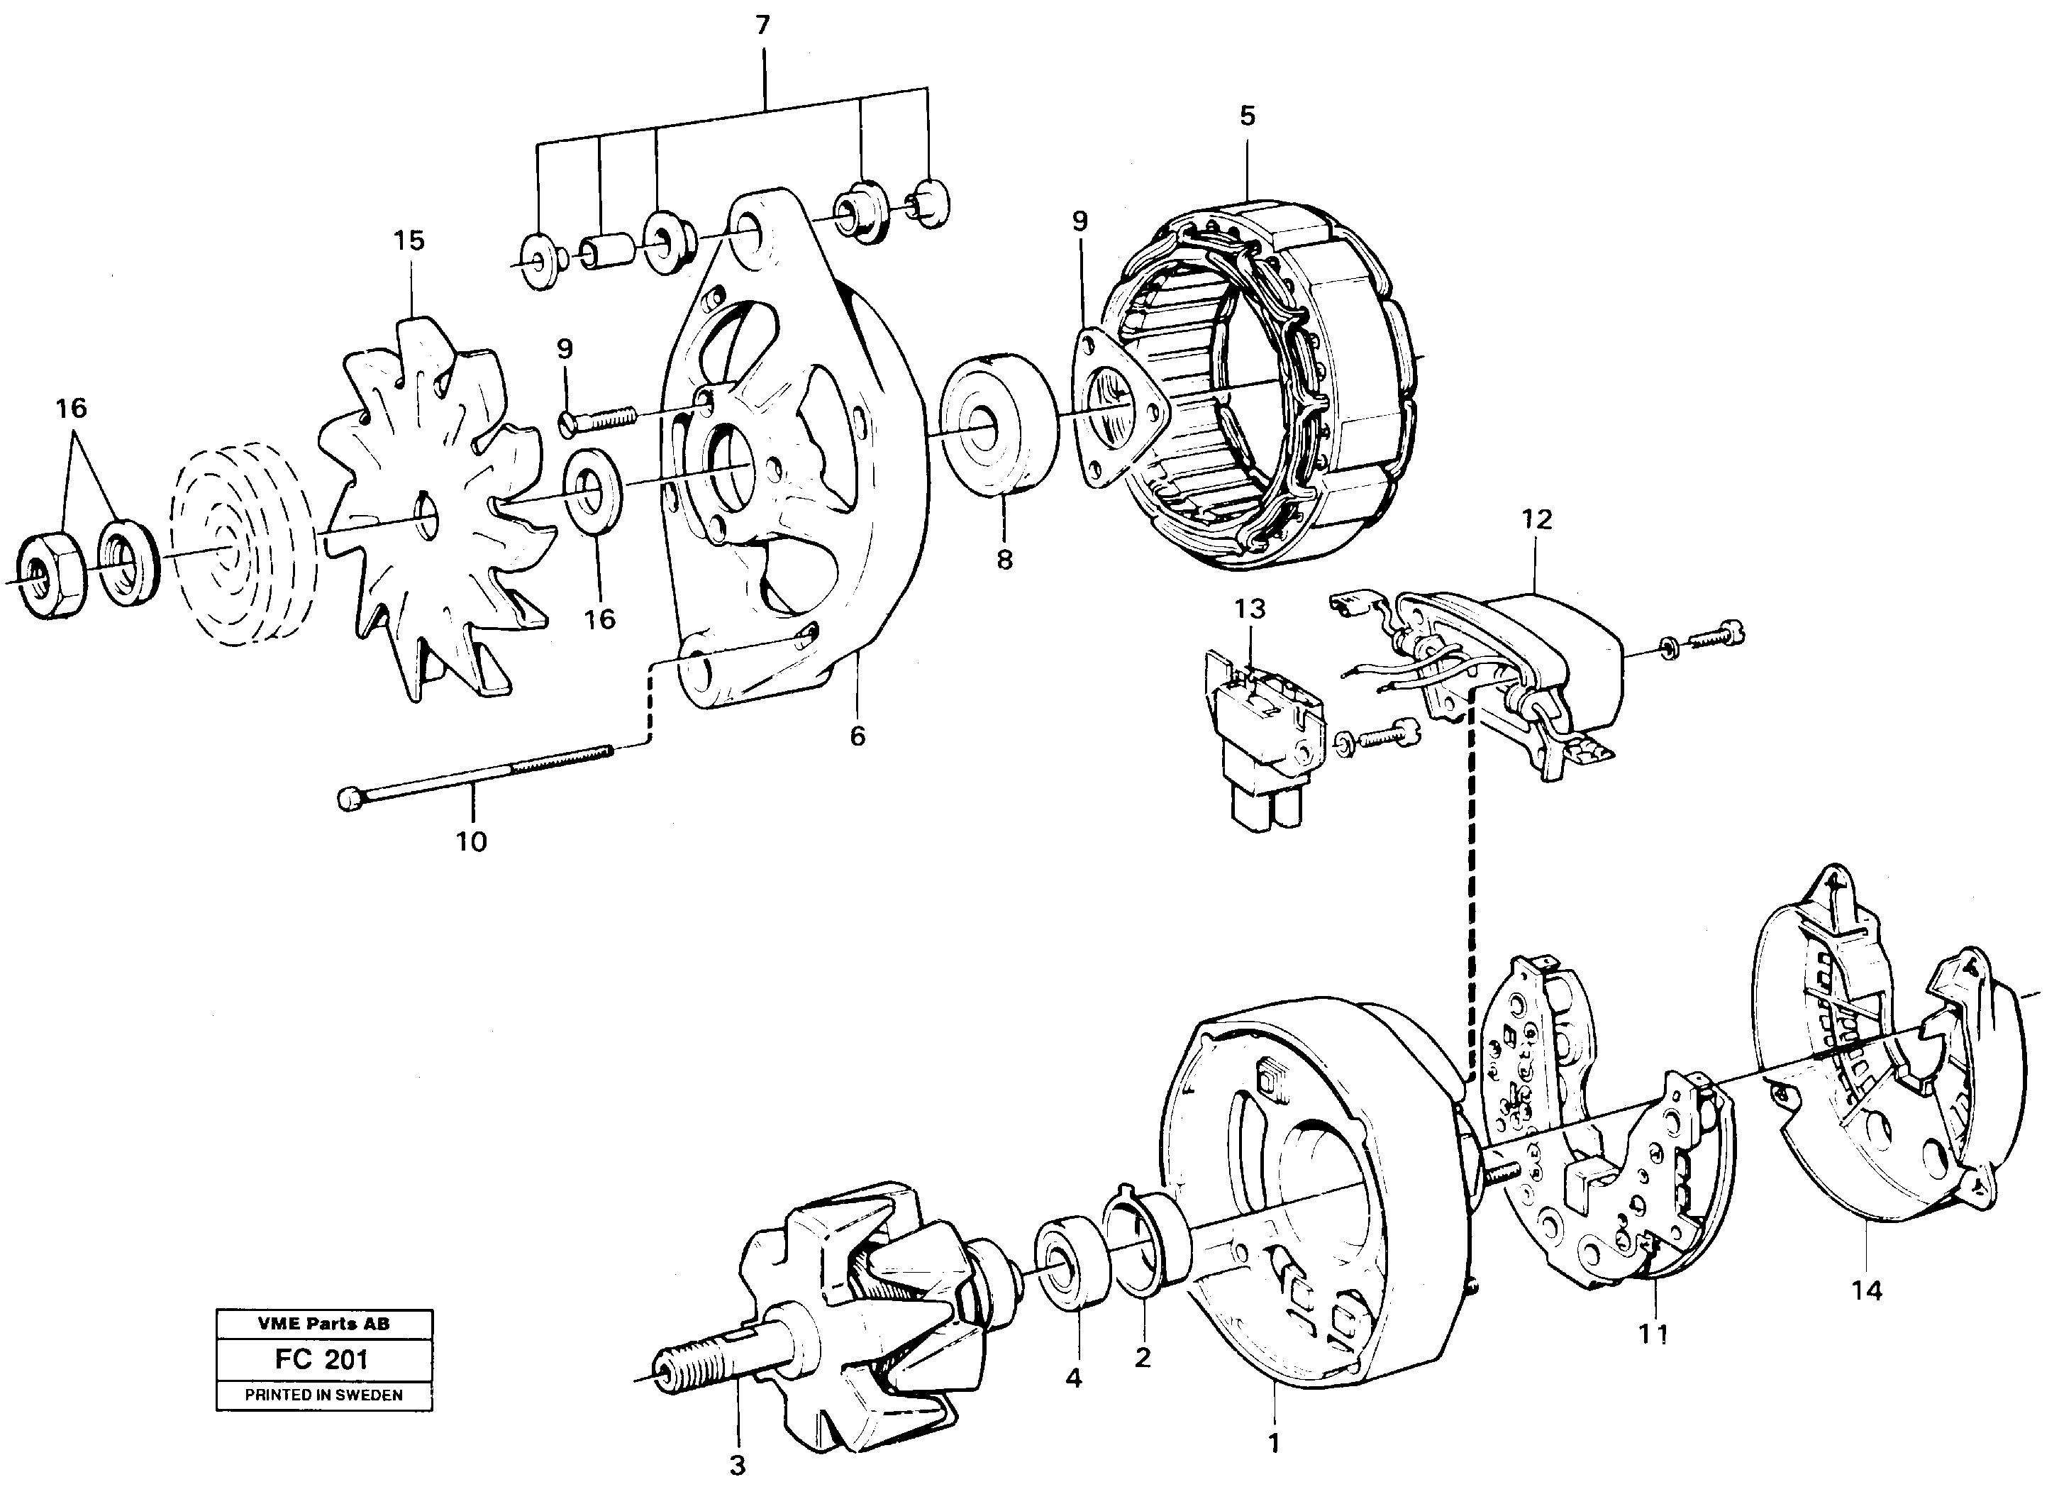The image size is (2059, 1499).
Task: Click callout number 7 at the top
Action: [x=762, y=26]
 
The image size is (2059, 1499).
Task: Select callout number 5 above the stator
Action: [x=1248, y=116]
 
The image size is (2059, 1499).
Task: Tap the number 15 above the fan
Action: [x=409, y=240]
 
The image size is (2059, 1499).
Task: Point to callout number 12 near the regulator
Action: [x=1537, y=519]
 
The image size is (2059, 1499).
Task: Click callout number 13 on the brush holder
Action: [x=1250, y=608]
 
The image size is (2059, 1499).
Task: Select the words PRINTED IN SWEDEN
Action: [x=323, y=1395]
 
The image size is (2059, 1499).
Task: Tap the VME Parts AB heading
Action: [x=323, y=1324]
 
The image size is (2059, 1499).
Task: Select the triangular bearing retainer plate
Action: [x=1119, y=409]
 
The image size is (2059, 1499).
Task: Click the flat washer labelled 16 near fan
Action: [x=593, y=489]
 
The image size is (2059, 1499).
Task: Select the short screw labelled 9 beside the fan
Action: [x=599, y=419]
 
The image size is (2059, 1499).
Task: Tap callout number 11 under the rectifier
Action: [x=1653, y=1334]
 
